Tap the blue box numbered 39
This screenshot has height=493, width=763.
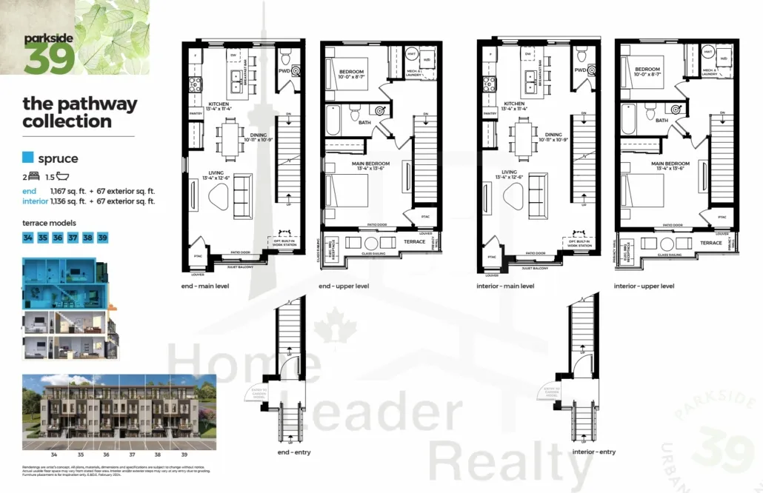(x=103, y=238)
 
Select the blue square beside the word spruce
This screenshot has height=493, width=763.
(x=28, y=158)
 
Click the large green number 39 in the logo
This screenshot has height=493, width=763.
(x=49, y=58)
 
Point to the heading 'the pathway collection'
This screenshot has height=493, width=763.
(x=79, y=113)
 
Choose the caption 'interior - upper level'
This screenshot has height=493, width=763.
(x=644, y=286)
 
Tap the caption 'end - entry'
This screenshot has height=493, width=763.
(x=272, y=452)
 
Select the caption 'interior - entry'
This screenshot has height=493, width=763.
(x=593, y=452)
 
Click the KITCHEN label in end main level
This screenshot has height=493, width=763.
(x=219, y=104)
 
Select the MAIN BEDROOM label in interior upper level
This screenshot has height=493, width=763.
(x=670, y=164)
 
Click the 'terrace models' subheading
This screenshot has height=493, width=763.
(x=49, y=222)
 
